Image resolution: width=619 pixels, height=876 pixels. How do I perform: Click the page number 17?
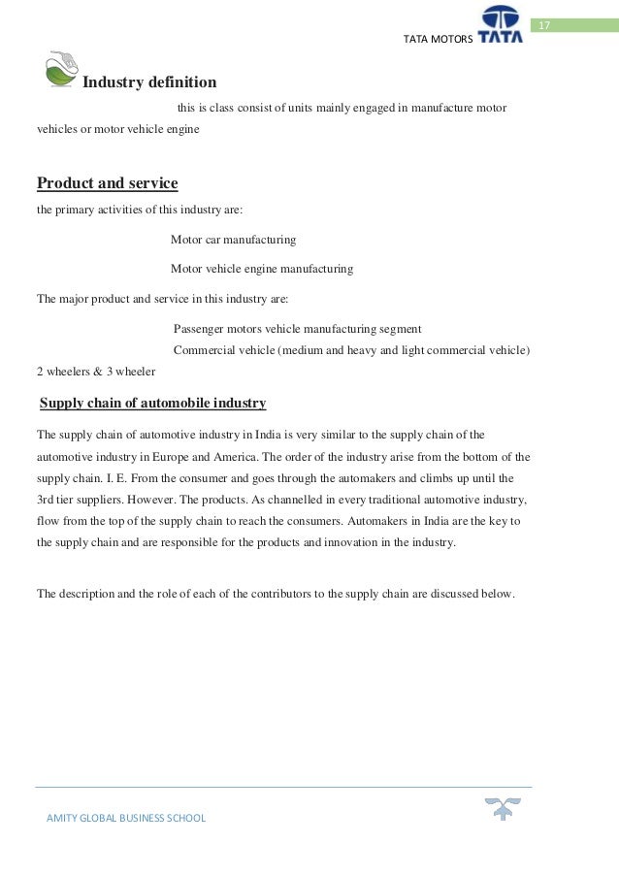(x=543, y=24)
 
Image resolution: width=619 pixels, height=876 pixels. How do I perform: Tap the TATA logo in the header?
(x=500, y=24)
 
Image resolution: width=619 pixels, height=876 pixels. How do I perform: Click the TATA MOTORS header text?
(x=437, y=38)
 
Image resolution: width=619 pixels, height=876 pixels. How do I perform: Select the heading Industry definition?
(x=149, y=82)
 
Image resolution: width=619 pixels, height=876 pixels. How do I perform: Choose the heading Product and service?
(x=107, y=183)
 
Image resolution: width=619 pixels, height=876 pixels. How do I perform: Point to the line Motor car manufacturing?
(x=233, y=239)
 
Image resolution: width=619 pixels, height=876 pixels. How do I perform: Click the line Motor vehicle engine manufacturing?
(x=261, y=268)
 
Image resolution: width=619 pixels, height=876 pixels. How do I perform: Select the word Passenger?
(x=199, y=328)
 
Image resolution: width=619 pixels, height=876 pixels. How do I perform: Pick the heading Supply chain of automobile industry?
(x=152, y=403)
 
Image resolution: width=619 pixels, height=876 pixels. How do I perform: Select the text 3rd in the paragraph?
(x=47, y=500)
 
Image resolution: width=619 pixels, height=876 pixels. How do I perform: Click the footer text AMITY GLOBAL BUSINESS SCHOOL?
(x=126, y=818)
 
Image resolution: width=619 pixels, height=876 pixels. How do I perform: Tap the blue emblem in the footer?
(x=504, y=808)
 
